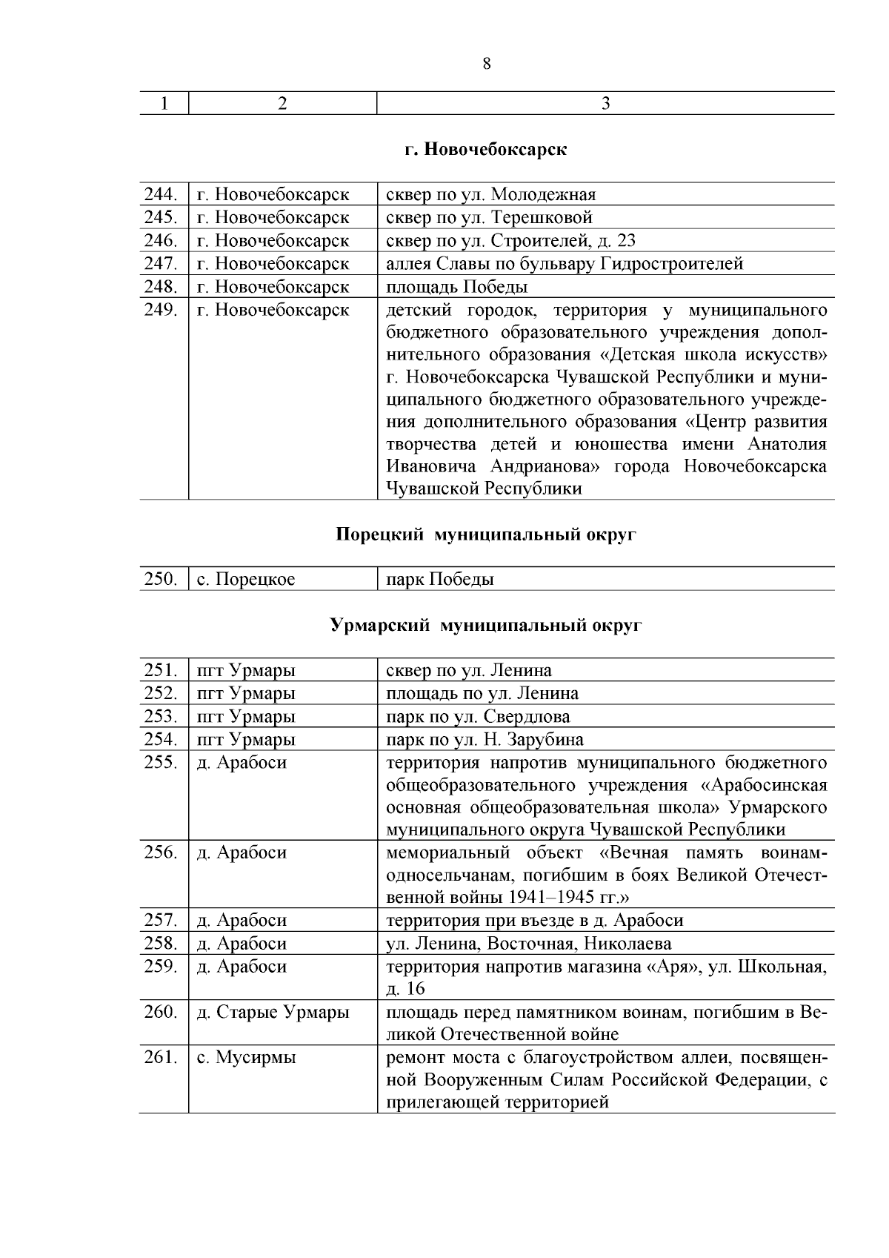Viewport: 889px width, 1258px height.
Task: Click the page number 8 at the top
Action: click(486, 64)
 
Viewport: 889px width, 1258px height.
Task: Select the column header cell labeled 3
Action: click(605, 104)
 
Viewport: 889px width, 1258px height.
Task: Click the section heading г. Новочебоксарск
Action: click(486, 149)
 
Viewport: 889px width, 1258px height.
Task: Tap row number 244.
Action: click(161, 195)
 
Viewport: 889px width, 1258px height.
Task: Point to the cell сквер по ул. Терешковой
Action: click(489, 218)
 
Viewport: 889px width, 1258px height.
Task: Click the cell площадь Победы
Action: click(456, 287)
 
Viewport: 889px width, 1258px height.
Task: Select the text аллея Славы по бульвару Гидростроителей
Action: click(564, 264)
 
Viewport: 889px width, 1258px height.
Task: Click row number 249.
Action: click(161, 310)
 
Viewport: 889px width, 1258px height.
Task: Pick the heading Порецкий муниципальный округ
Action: click(486, 534)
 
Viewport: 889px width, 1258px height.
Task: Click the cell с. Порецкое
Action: click(246, 580)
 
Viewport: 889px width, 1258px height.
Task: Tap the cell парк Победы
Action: click(440, 580)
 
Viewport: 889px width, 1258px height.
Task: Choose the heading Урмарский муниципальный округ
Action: click(486, 626)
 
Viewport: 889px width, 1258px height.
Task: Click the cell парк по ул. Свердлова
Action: click(478, 717)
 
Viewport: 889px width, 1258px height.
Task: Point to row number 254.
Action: click(161, 740)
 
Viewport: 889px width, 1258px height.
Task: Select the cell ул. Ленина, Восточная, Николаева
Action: click(529, 944)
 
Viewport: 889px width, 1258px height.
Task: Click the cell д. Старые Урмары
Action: click(273, 1012)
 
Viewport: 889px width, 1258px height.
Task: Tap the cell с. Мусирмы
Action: click(246, 1058)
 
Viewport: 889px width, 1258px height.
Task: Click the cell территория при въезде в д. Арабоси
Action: click(534, 921)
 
